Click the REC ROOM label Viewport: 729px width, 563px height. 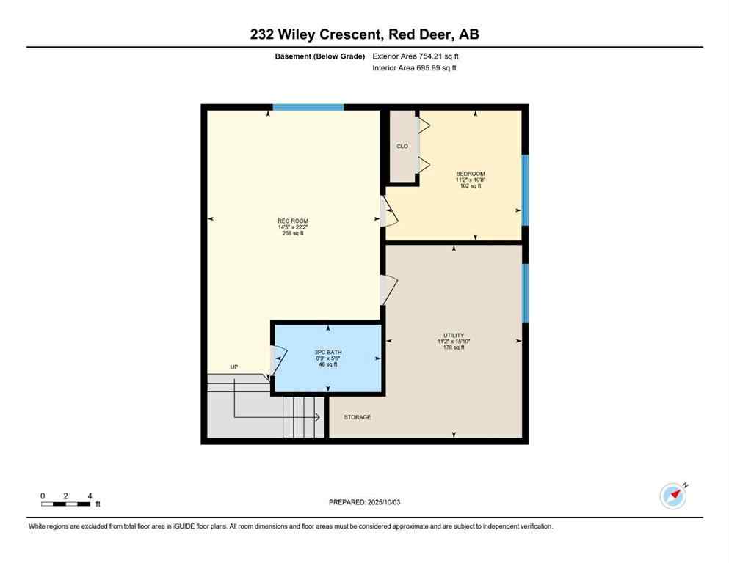pos(292,221)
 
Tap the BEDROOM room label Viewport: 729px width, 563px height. pos(470,174)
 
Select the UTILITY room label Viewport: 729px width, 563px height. pos(453,335)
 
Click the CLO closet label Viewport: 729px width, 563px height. pos(402,147)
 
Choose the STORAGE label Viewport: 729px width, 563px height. pos(358,417)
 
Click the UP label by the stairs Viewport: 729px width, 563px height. pos(234,367)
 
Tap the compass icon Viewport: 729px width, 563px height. pos(672,496)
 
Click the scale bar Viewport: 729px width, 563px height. pos(66,504)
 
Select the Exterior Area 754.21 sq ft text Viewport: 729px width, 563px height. pos(416,56)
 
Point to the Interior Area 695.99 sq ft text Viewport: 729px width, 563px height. pos(415,68)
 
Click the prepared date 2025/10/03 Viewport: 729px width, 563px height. pos(365,502)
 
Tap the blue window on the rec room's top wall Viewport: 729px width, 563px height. pos(308,107)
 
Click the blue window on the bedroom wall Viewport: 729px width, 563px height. pos(524,190)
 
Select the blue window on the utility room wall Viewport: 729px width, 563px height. pos(524,293)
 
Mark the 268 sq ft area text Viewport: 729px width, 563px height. pos(292,233)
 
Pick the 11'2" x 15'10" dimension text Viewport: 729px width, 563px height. pos(453,341)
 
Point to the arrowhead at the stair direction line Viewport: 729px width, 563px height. pos(317,417)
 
